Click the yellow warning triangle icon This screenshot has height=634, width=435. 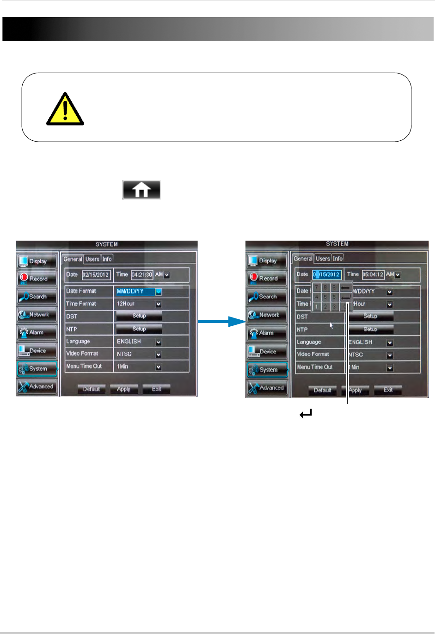(65, 111)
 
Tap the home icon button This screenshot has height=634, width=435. (141, 190)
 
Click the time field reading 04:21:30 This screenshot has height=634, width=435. (142, 274)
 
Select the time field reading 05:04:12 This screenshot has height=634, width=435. (373, 274)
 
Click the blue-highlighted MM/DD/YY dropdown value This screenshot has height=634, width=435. (135, 292)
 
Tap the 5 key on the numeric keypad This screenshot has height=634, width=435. (325, 297)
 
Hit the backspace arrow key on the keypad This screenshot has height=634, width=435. (345, 288)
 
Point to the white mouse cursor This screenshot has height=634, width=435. (331, 325)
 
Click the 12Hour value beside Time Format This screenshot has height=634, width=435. (126, 304)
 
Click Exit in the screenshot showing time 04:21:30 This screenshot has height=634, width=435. (156, 389)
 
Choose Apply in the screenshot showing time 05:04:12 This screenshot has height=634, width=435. (355, 390)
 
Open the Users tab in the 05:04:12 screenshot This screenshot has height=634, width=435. (323, 259)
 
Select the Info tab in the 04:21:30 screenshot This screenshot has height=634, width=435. (107, 259)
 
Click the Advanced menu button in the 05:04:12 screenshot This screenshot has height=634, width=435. (267, 388)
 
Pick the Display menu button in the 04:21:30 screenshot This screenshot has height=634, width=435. (37, 261)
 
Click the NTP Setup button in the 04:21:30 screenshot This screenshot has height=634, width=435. (139, 329)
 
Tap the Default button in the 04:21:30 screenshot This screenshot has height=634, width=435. (91, 389)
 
